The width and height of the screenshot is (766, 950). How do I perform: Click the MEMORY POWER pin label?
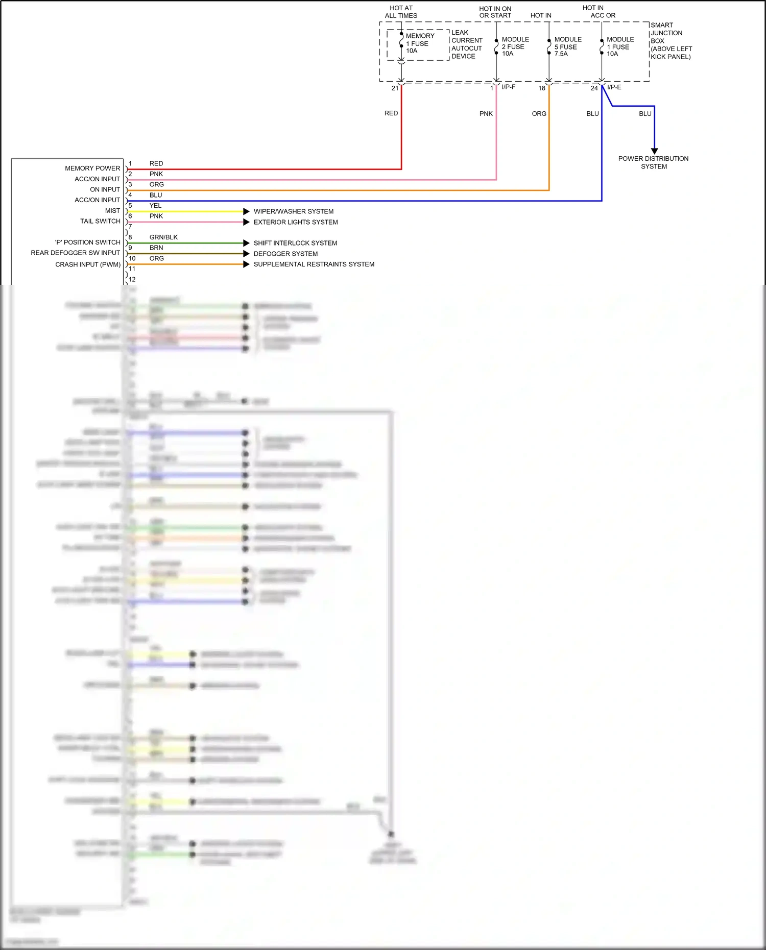click(92, 168)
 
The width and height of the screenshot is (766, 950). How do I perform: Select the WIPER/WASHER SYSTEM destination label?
click(294, 211)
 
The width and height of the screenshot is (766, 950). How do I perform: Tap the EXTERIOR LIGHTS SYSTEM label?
click(296, 222)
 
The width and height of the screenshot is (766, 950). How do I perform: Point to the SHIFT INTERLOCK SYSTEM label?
click(295, 243)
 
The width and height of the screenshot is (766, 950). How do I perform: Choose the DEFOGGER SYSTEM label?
click(285, 254)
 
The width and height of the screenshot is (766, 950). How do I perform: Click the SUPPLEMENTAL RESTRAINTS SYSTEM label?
click(314, 264)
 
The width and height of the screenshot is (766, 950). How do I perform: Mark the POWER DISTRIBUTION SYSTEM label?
click(653, 162)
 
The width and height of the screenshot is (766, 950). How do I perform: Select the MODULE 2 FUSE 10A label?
click(515, 46)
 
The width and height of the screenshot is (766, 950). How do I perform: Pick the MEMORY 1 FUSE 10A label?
click(419, 43)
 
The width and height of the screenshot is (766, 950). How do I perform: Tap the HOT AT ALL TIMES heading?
click(401, 12)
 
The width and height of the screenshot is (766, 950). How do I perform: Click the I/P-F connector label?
click(509, 87)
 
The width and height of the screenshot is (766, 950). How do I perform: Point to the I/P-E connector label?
click(614, 87)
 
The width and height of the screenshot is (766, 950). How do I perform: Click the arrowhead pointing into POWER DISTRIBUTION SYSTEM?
click(655, 151)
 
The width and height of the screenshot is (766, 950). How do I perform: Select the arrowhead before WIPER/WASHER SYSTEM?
click(246, 211)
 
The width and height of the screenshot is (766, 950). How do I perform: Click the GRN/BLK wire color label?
click(163, 237)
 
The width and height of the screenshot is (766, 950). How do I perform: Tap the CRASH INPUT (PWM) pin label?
click(88, 264)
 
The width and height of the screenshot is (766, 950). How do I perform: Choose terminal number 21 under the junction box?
click(395, 88)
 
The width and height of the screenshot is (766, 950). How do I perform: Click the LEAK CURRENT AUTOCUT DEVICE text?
click(466, 44)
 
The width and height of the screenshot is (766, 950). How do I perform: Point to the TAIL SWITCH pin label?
click(100, 221)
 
